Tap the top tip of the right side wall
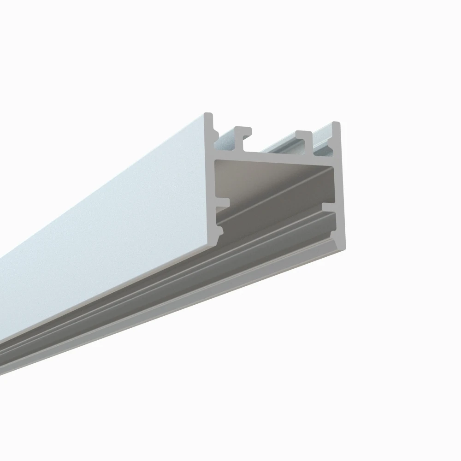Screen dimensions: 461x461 coord(336,124)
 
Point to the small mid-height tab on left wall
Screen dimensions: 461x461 coord(225,202)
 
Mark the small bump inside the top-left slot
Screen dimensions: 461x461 coord(216,134)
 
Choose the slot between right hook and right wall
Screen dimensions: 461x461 coord(323,143)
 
